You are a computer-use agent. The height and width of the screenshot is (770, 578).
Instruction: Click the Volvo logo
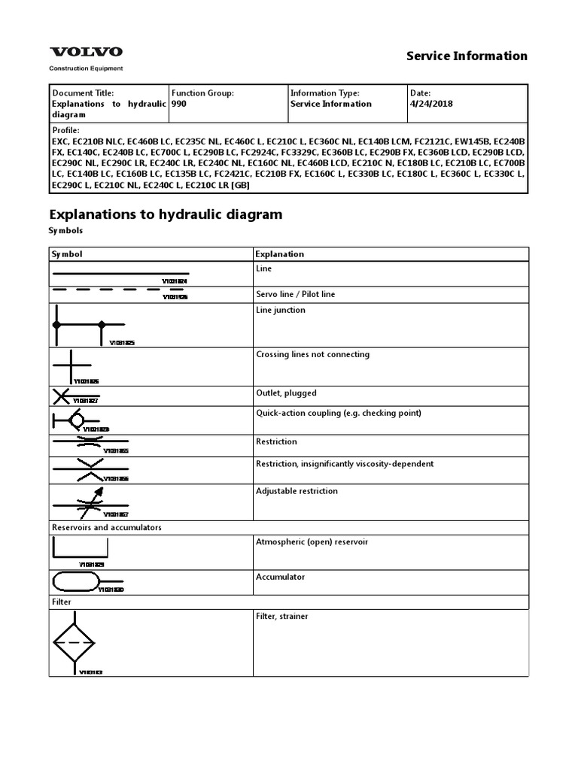coord(86,52)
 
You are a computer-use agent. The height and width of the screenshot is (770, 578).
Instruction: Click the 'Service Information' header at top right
coord(467,56)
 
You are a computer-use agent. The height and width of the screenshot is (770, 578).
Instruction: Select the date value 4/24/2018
coord(430,104)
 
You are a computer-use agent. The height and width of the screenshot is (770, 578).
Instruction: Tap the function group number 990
coord(179,104)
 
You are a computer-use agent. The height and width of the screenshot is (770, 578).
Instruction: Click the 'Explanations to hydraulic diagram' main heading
coord(166,214)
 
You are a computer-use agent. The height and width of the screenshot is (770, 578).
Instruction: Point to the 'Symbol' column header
coord(66,254)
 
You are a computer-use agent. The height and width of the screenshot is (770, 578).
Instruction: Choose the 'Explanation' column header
coord(280,254)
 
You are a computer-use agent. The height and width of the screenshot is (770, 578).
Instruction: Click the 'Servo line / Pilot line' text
coord(296,294)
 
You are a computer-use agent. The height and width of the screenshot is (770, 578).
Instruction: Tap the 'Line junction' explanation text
coord(281,310)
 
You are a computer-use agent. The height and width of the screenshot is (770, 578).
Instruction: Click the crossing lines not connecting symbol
coord(71,367)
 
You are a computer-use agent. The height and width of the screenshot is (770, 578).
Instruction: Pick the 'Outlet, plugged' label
coord(286,393)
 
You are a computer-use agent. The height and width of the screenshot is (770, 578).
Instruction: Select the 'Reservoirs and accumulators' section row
coord(106,527)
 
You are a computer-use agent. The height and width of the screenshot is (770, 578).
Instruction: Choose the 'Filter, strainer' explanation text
coord(282,617)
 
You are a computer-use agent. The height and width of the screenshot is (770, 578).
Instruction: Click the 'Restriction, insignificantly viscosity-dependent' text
coord(345,464)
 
